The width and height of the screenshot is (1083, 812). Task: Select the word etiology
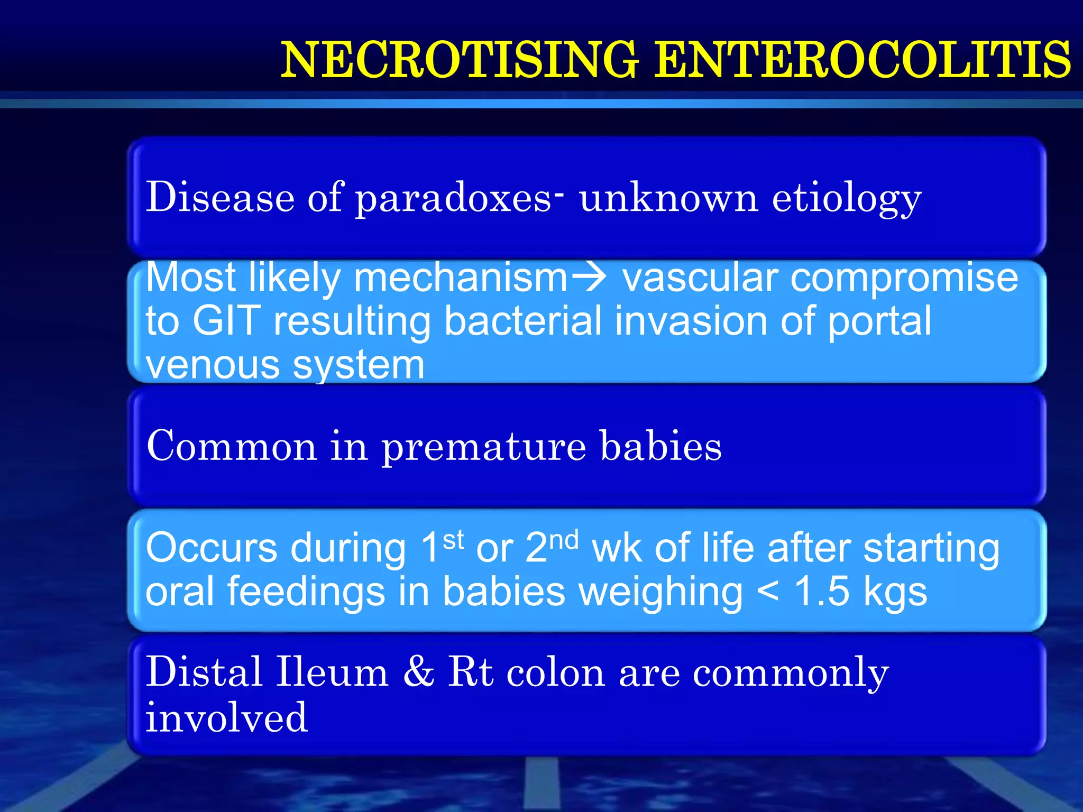pyautogui.click(x=847, y=199)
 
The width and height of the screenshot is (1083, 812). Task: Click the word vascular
pyautogui.click(x=700, y=278)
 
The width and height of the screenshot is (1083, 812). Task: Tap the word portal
pyautogui.click(x=879, y=321)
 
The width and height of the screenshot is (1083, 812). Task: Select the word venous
pyautogui.click(x=212, y=365)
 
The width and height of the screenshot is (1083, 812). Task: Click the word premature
pyautogui.click(x=484, y=447)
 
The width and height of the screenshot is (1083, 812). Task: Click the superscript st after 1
pyautogui.click(x=453, y=540)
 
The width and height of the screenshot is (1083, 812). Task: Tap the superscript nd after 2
pyautogui.click(x=564, y=540)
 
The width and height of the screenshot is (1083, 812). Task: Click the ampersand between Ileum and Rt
pyautogui.click(x=419, y=672)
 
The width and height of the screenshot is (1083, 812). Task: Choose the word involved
pyautogui.click(x=226, y=717)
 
